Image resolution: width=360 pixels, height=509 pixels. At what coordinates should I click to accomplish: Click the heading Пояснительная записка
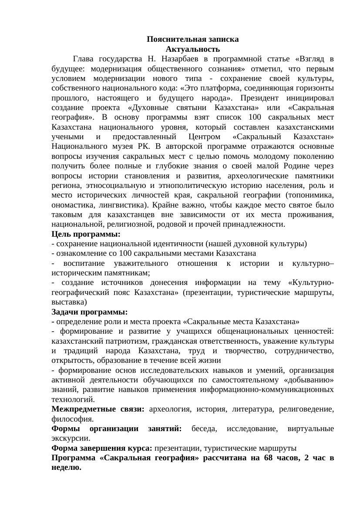(x=192, y=39)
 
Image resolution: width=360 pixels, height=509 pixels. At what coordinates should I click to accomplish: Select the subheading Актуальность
(x=192, y=49)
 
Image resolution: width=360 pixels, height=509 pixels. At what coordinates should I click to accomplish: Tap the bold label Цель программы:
(x=86, y=234)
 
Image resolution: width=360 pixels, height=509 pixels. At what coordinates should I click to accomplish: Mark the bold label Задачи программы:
(x=90, y=312)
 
